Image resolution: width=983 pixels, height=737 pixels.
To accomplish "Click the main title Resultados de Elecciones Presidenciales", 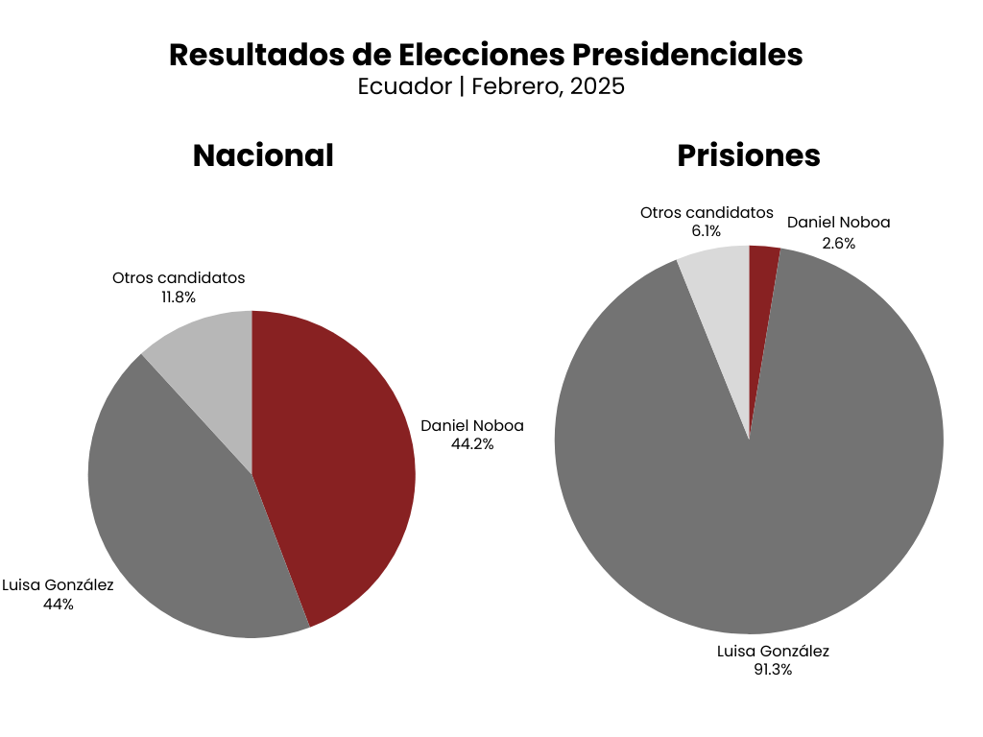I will point(486,55).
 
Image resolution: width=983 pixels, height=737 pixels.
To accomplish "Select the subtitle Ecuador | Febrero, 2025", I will point(491,86).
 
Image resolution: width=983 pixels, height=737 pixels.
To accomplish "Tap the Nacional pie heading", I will point(263,155).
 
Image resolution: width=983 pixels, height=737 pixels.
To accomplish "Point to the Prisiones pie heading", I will point(749,155).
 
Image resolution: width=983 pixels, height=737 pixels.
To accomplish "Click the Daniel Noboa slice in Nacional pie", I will point(336,461).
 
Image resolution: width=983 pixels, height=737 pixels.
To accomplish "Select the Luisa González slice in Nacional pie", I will point(182,518).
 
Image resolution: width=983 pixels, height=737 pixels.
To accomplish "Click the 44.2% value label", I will point(472,444).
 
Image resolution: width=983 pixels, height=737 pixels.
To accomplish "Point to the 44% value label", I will point(58,605).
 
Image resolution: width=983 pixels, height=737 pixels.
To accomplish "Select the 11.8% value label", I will point(179,297).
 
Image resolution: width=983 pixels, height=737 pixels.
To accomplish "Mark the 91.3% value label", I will point(773,670).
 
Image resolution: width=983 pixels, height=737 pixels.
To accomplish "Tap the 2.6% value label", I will point(838,243).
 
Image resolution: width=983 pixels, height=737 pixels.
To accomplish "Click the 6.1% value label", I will point(706,231).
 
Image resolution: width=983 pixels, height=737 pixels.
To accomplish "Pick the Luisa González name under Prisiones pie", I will point(773,652).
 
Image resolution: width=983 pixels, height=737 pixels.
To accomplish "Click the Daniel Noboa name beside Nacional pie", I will point(472,426).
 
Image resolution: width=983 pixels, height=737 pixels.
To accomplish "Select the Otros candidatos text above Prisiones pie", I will point(707,212).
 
